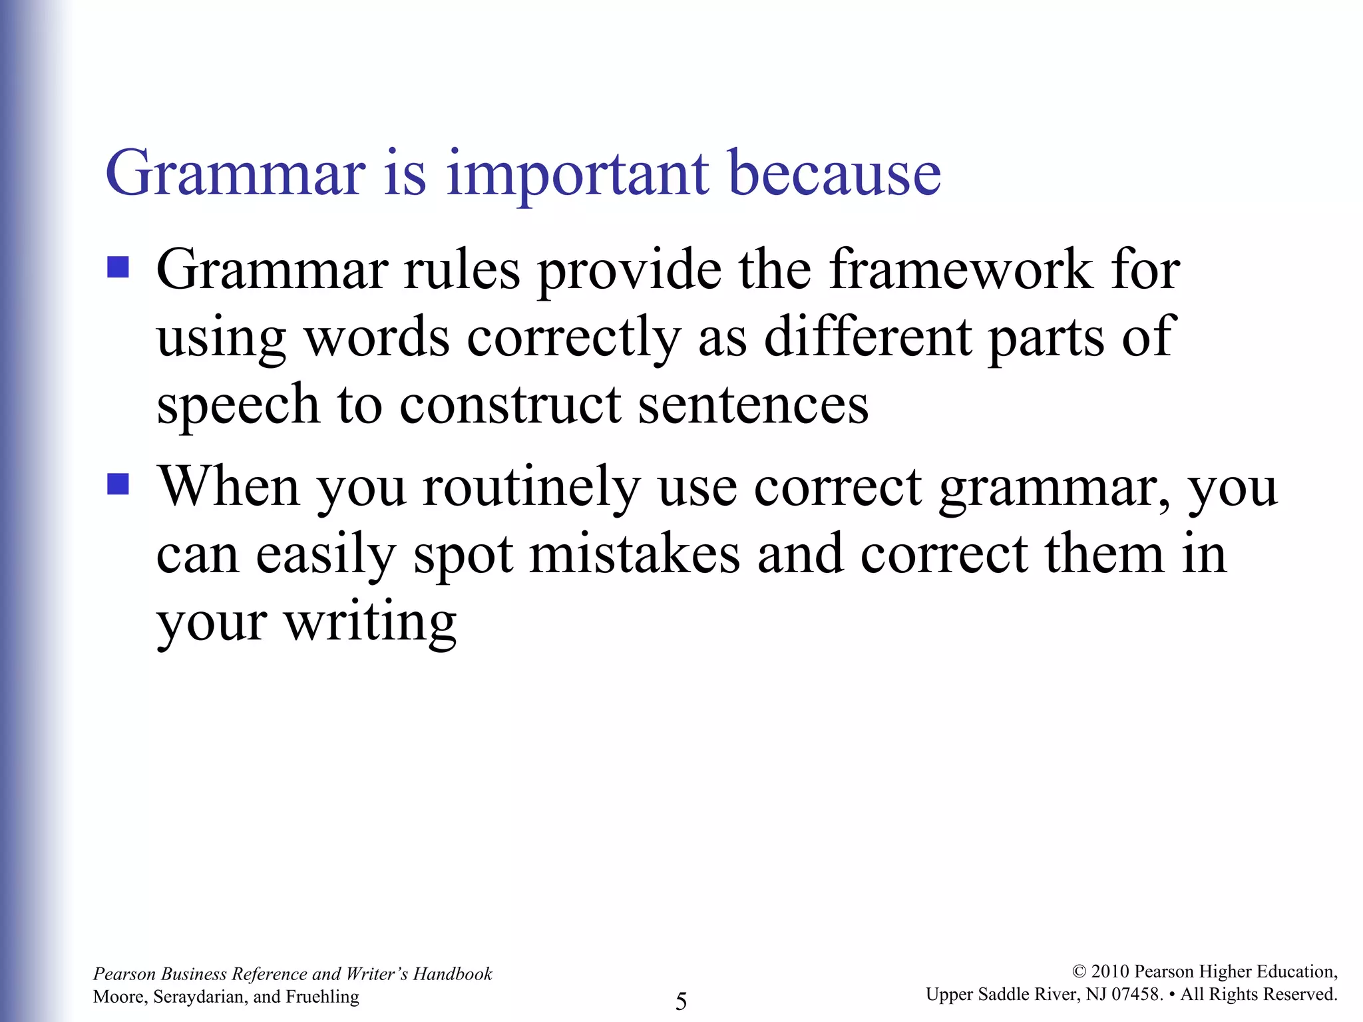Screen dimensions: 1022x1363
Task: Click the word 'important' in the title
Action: click(577, 174)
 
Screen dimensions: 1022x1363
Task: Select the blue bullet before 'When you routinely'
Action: click(118, 484)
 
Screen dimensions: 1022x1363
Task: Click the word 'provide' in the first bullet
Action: click(630, 270)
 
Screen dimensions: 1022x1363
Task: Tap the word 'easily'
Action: click(326, 554)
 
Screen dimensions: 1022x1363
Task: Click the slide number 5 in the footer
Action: click(681, 1001)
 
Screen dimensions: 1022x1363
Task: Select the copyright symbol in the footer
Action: click(1079, 972)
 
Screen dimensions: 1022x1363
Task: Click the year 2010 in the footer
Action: click(1110, 972)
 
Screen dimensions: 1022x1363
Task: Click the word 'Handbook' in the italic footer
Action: click(453, 974)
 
